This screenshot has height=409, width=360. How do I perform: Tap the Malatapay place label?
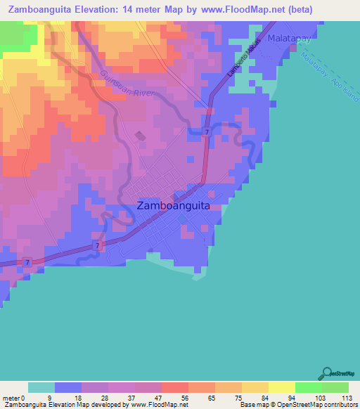[289, 39]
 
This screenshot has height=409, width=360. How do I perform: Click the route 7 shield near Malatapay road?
[207, 132]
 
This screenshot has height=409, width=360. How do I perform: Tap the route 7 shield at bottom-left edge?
[27, 262]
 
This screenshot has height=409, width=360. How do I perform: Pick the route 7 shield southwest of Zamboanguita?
[98, 245]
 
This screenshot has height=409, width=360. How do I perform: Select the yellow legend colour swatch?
[281, 387]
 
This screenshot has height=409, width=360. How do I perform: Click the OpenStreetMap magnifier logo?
[326, 372]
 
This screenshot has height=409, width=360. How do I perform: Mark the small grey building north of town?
[139, 136]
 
